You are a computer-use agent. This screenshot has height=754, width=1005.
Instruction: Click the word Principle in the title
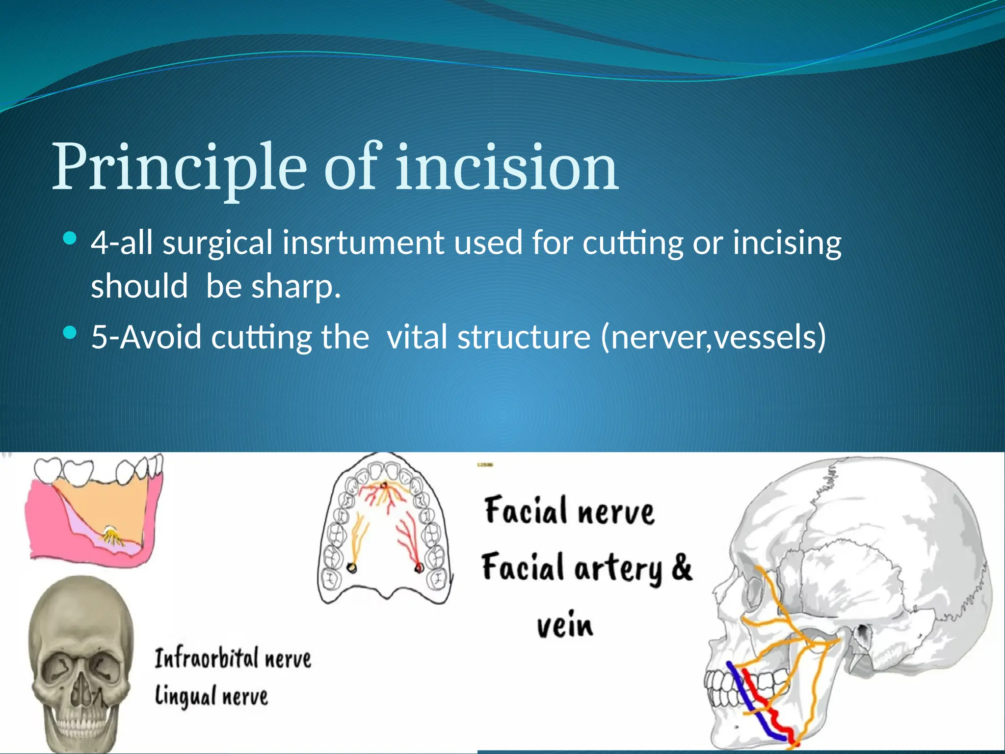[179, 167]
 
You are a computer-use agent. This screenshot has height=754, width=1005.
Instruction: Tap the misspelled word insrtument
[363, 243]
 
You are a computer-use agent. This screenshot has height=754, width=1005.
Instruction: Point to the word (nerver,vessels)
[714, 337]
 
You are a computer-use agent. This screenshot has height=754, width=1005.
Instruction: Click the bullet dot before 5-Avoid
[71, 333]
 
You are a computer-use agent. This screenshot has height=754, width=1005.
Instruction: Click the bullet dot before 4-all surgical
[71, 239]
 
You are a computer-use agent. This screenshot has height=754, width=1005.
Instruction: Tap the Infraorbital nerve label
[233, 658]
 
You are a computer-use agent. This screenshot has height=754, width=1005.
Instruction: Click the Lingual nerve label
[212, 696]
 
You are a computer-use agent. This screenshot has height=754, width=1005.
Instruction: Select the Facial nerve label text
[569, 511]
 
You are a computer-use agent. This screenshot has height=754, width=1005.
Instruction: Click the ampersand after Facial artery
[682, 567]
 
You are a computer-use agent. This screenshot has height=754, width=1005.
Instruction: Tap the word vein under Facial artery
[565, 625]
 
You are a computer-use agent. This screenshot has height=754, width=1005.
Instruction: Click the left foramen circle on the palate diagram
[351, 568]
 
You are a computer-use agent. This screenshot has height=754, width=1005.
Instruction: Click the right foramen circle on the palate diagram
[419, 568]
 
